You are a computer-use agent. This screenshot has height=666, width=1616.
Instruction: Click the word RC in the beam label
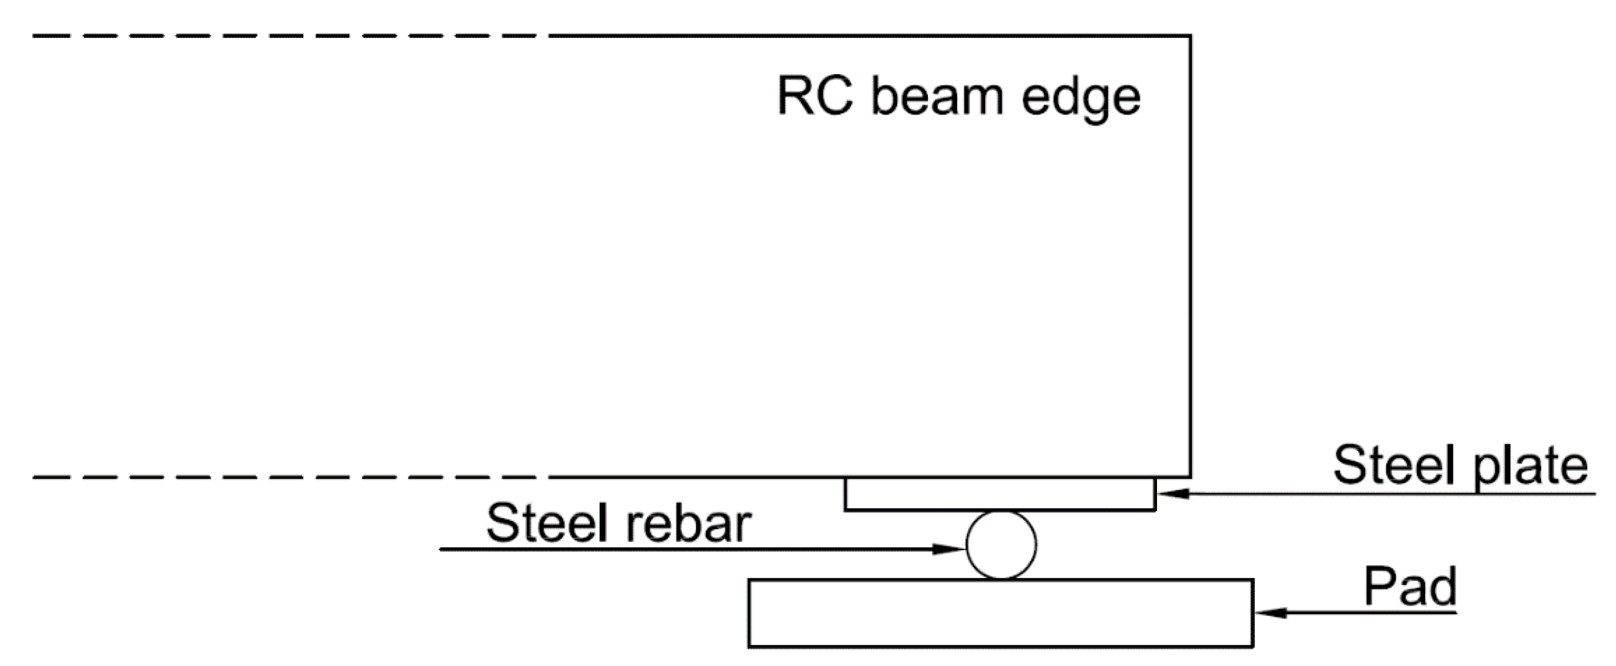815,97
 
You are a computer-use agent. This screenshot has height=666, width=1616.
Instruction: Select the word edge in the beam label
1081,99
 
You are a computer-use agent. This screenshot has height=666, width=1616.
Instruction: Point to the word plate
1530,469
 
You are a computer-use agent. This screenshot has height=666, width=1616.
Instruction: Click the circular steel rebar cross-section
1001,545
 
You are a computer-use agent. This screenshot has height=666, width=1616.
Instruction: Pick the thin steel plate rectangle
999,494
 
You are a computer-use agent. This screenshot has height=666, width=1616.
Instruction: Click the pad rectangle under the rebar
1001,612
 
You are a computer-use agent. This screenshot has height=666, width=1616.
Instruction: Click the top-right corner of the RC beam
1190,36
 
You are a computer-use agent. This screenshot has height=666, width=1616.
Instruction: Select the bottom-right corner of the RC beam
1190,477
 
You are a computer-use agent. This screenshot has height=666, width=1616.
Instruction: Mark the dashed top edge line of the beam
282,36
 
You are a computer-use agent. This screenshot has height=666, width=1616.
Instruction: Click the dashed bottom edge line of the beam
282,478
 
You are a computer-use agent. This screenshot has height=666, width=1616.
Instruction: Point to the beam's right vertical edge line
1190,251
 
